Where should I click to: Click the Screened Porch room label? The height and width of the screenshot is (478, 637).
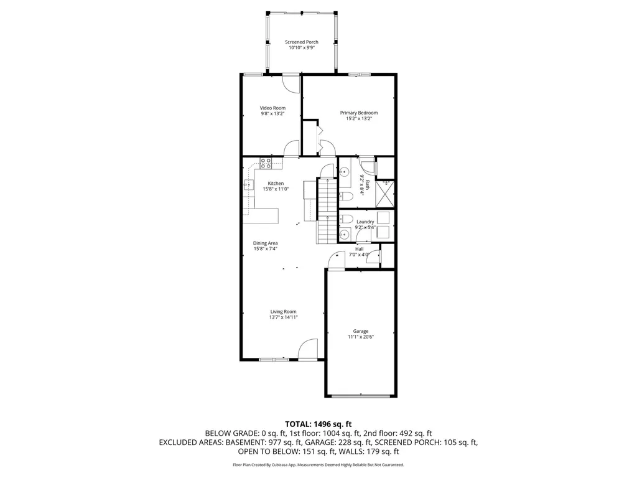302,42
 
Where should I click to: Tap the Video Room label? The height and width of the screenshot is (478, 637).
272,108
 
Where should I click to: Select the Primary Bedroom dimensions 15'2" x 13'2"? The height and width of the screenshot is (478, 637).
358,119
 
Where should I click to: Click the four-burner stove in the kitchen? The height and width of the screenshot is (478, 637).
266,164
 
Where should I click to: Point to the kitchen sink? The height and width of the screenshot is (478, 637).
248,184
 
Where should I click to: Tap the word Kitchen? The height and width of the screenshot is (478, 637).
276,184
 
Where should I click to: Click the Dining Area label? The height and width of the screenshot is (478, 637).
265,243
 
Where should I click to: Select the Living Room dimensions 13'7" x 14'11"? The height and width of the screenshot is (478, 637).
283,317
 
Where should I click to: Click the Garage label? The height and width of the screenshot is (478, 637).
361,331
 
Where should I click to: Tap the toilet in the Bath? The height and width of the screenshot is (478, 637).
346,196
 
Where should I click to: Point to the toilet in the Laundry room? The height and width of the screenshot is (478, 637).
346,219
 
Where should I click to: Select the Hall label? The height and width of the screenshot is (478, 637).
359,248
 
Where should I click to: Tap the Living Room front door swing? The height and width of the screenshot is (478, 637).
308,349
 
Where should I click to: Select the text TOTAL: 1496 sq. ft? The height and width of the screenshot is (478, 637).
318,424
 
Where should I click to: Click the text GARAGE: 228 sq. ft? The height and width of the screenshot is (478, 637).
360,443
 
